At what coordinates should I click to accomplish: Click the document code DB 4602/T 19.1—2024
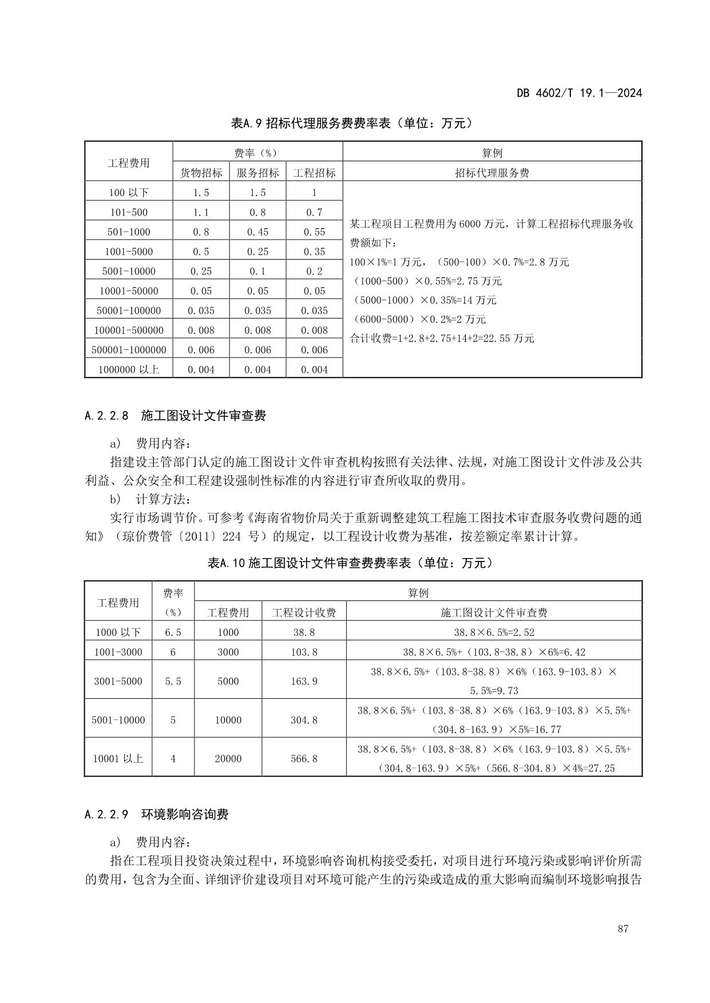tap(579, 93)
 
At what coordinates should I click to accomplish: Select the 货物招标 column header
tap(201, 173)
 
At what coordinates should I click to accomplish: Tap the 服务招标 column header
tap(257, 173)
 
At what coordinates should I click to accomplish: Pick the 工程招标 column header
tap(314, 173)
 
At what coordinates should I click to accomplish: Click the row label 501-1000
tap(129, 232)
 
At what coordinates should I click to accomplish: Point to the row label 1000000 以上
tap(129, 369)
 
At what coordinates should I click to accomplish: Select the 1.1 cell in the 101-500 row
tap(201, 212)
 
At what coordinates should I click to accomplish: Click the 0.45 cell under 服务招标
tap(257, 232)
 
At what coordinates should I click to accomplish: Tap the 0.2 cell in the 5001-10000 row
tap(314, 271)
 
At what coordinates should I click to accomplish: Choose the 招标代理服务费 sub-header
tap(492, 173)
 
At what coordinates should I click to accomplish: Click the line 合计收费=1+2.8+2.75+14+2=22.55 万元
tap(442, 339)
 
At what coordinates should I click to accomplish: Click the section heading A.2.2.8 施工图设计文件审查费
tap(175, 416)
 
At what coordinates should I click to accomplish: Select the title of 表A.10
tap(351, 563)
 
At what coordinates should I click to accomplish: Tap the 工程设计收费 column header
tap(304, 612)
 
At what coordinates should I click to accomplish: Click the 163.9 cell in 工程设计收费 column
tap(304, 681)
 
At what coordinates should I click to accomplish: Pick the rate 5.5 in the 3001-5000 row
tap(173, 681)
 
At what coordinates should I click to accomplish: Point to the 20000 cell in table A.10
tap(228, 759)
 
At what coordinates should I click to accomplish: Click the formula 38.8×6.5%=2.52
tap(494, 632)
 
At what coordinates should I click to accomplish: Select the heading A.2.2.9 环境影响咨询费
tap(156, 814)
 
